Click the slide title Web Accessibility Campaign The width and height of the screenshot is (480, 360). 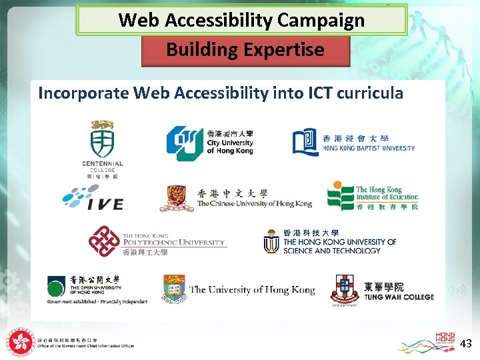(241, 20)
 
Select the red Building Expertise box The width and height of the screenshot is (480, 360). (245, 50)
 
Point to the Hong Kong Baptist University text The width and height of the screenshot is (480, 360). (369, 147)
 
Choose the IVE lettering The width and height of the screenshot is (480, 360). (105, 204)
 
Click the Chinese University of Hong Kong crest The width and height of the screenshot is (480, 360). (177, 198)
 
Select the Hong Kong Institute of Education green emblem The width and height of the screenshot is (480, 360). (340, 197)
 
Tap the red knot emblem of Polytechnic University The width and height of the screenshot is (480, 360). (104, 241)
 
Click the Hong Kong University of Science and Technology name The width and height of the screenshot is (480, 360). (339, 246)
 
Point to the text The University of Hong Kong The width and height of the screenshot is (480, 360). (252, 290)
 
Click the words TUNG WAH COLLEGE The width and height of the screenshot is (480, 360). (399, 297)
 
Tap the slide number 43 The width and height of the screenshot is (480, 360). (466, 344)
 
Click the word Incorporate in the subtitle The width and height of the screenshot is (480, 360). (83, 93)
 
